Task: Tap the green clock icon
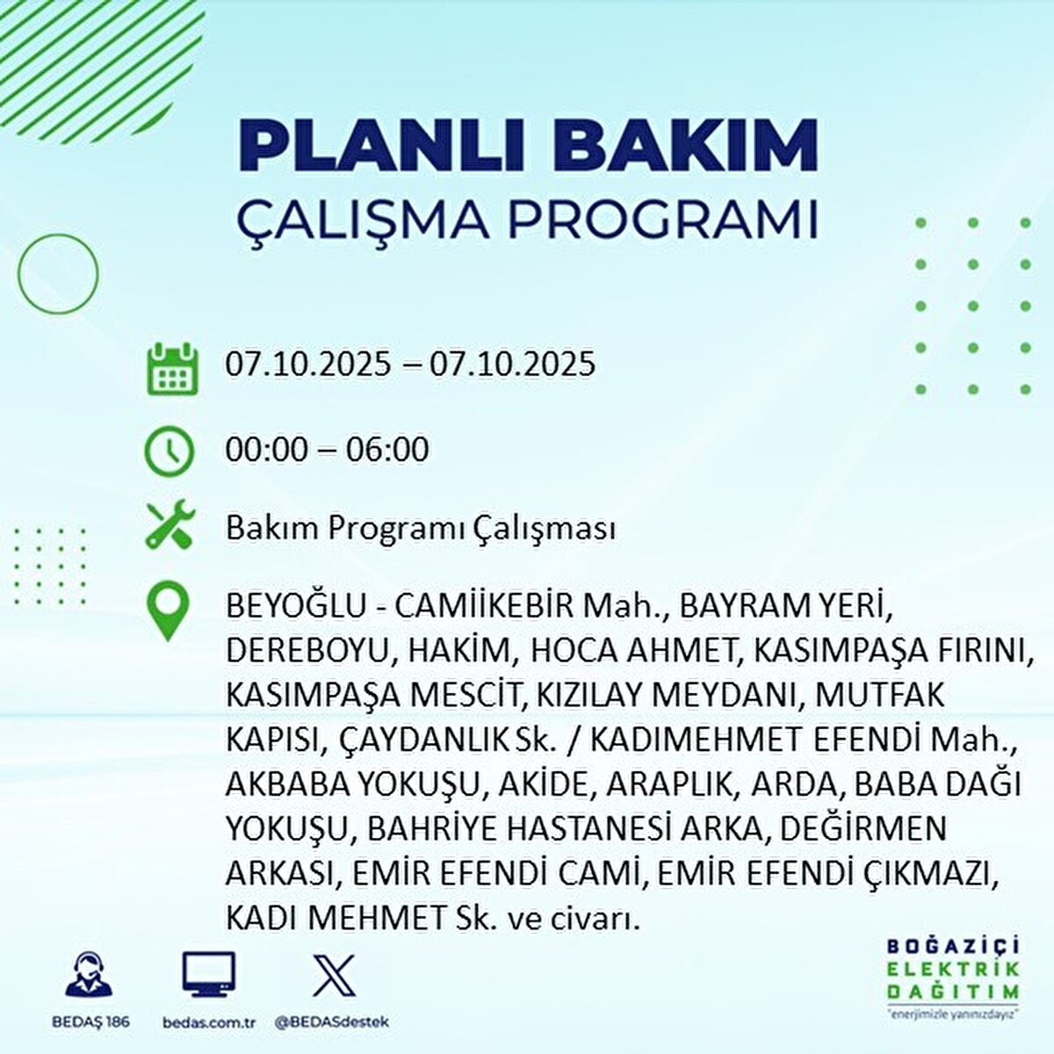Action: click(169, 451)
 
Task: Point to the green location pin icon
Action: click(169, 613)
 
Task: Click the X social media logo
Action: click(334, 975)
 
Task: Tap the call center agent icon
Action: click(90, 975)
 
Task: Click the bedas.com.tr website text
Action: click(209, 1022)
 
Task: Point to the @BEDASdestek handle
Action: click(332, 1022)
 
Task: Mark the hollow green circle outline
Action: click(58, 274)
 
